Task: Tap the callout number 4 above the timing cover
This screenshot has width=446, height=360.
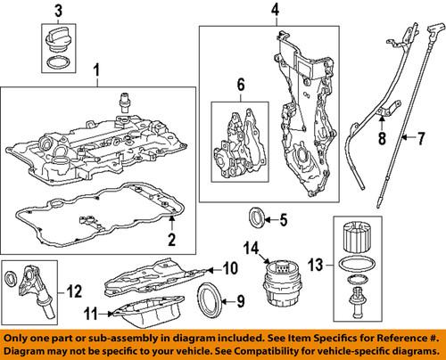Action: point(275,11)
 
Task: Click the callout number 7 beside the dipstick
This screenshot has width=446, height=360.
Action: point(413,137)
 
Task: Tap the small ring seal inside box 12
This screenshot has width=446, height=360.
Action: point(13,282)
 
